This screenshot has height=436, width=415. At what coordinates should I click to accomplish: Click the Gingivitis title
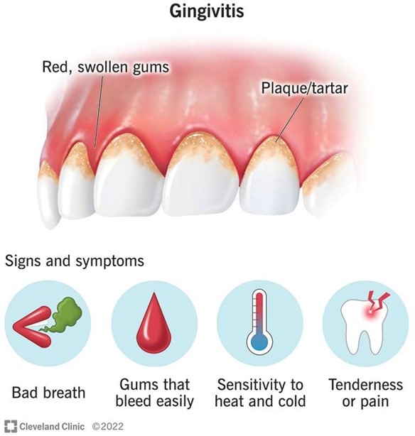click(207, 11)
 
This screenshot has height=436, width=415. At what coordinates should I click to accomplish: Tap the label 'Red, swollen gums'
click(105, 67)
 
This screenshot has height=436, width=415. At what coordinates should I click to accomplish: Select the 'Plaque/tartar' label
click(304, 88)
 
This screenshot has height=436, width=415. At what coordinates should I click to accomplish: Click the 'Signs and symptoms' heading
click(75, 261)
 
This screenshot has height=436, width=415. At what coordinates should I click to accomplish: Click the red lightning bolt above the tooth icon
click(378, 301)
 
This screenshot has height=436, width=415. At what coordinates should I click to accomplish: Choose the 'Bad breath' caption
click(48, 393)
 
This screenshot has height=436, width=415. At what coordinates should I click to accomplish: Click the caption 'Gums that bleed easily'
click(154, 393)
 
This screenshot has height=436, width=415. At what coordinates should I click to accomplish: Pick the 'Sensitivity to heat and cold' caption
click(260, 393)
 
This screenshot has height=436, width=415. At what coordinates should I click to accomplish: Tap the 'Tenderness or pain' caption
click(365, 393)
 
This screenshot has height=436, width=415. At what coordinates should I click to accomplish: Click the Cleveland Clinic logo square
click(11, 426)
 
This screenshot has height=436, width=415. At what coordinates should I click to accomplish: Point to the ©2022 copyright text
click(108, 427)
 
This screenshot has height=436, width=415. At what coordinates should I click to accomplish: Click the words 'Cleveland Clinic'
click(52, 427)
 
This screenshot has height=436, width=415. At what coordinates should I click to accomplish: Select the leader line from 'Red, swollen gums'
click(98, 111)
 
